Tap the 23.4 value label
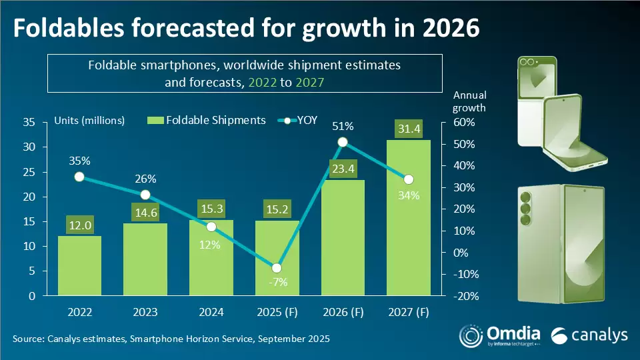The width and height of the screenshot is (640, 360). (343, 169)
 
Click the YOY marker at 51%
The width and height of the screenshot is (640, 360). (343, 142)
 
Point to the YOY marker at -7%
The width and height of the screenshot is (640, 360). (277, 268)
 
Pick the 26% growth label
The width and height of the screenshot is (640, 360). (145, 179)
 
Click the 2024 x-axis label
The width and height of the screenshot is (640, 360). (211, 311)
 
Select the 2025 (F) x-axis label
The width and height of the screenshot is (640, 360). (277, 311)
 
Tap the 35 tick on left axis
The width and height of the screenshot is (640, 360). (29, 122)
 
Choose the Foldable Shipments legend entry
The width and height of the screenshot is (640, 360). (207, 120)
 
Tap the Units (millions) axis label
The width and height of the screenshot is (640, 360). (89, 120)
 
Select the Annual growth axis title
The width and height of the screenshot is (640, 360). (469, 101)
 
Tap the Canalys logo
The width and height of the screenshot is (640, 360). (590, 335)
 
